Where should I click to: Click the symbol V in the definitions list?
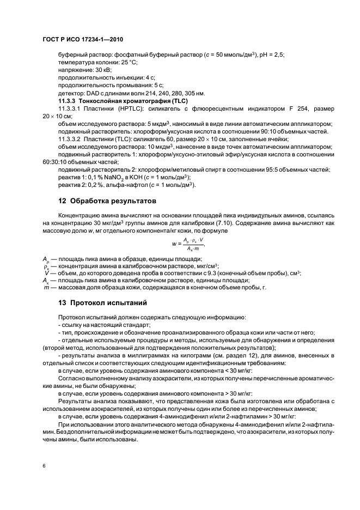46,274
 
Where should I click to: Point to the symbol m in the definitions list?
46,289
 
